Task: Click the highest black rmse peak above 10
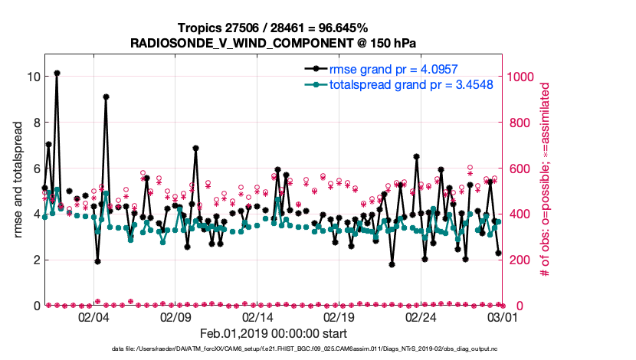(x=57, y=73)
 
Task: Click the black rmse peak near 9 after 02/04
(x=106, y=97)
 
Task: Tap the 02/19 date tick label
(x=339, y=317)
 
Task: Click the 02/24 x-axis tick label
(x=421, y=317)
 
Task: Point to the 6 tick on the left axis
(x=34, y=168)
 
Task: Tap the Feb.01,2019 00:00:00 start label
(x=273, y=333)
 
